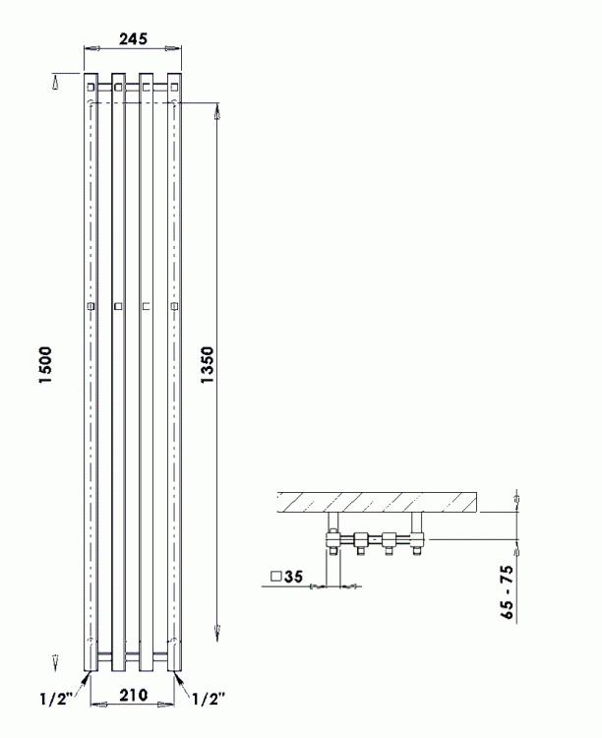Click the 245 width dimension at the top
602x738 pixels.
coord(133,38)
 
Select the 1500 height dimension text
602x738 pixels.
coord(45,365)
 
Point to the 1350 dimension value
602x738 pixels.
coord(208,365)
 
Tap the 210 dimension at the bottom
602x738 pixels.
coord(133,695)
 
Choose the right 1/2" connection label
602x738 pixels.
coord(209,700)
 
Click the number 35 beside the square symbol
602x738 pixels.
coord(293,576)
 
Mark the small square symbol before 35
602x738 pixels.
coord(275,576)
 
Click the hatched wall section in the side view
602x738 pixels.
coord(377,502)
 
